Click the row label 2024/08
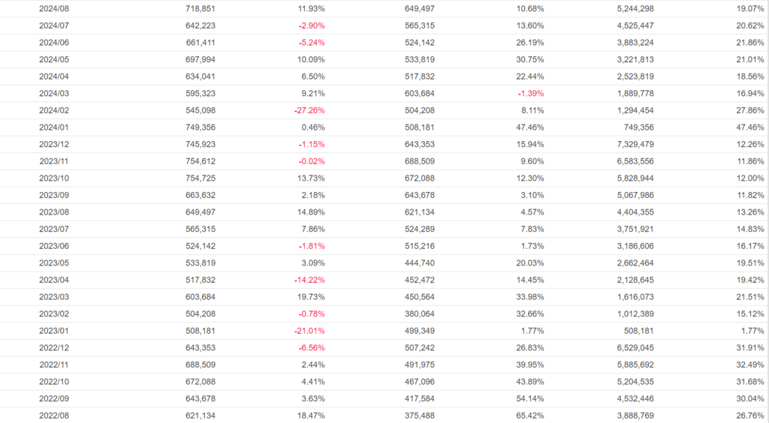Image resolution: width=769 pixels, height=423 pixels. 54,8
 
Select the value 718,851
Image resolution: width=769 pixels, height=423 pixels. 201,8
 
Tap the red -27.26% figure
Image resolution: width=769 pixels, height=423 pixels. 312,110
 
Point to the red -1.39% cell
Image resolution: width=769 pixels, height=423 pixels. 530,93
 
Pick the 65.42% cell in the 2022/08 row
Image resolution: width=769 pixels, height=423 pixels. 529,415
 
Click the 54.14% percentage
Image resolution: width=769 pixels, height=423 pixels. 529,398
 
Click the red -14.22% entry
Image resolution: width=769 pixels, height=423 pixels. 312,280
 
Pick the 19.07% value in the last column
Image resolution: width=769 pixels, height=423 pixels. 749,8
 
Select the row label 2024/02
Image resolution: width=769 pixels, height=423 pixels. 54,110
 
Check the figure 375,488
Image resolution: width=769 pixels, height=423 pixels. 419,415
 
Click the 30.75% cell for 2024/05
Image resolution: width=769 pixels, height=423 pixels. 529,59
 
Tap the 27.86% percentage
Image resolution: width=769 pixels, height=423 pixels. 749,110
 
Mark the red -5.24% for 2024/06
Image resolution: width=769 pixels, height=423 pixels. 312,43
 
